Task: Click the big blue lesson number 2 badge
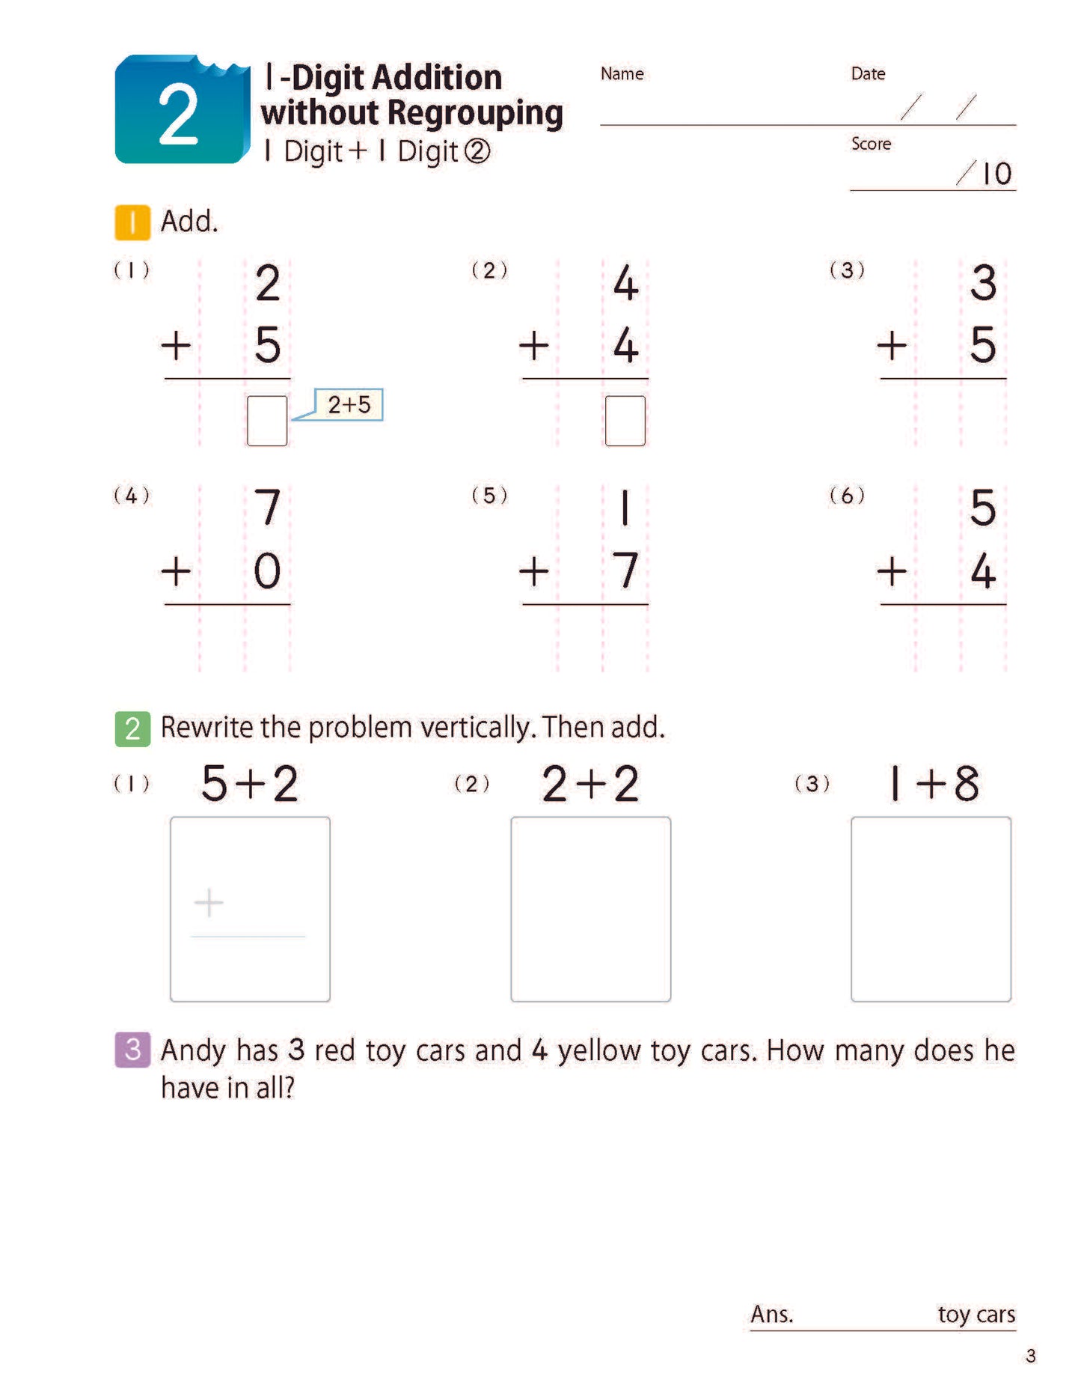point(181,110)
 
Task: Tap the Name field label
point(622,73)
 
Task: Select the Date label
point(868,73)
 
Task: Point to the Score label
point(871,143)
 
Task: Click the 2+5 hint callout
point(349,404)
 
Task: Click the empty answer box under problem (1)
point(267,421)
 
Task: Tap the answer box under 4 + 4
point(625,421)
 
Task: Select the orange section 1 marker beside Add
point(132,222)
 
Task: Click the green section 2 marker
point(132,728)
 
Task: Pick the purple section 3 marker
point(132,1050)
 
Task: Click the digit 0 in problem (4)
point(267,571)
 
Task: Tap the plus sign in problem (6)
point(892,572)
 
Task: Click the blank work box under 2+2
point(590,909)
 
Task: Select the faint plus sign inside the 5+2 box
point(209,903)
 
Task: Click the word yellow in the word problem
point(598,1050)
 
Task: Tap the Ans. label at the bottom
point(771,1314)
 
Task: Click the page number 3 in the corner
point(1030,1356)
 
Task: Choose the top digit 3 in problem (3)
point(983,283)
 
